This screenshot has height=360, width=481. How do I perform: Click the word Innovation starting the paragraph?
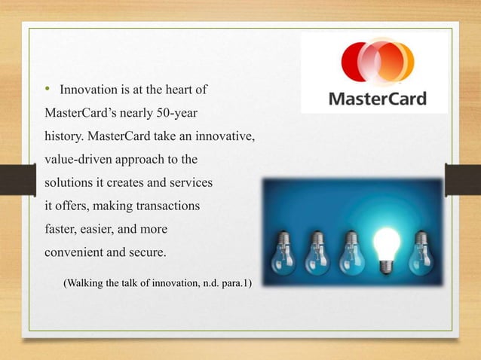point(87,91)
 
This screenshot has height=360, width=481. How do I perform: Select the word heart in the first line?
point(177,91)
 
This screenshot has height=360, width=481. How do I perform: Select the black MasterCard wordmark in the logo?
point(376,99)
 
